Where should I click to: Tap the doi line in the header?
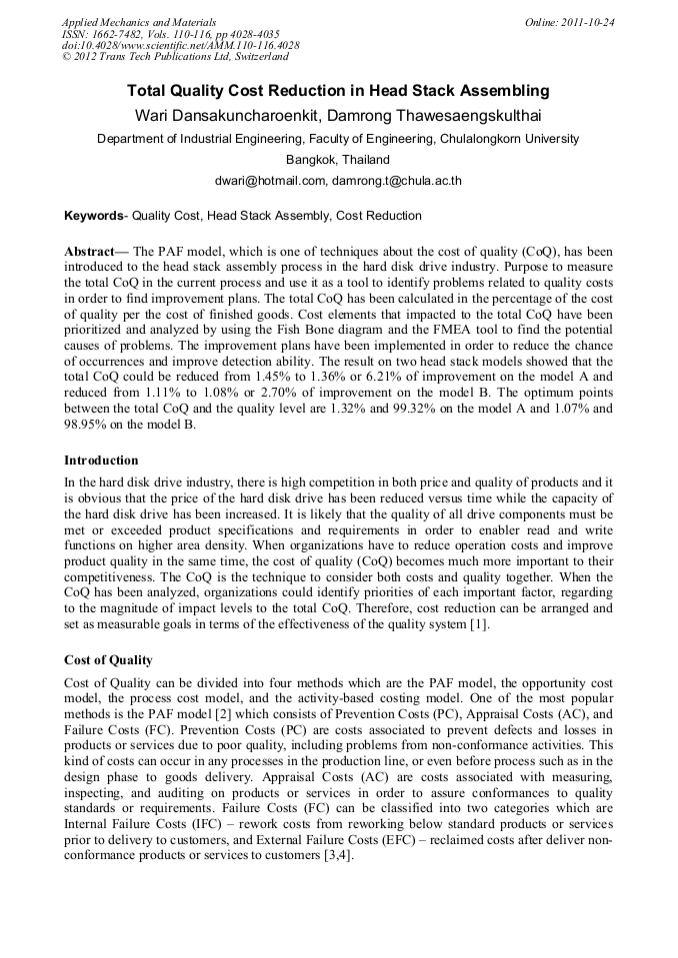(x=180, y=45)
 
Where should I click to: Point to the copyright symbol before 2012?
(x=66, y=57)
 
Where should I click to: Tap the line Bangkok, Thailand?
(x=338, y=160)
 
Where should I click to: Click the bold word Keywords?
(x=94, y=216)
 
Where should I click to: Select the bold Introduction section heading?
(x=101, y=461)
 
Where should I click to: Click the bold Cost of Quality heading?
(x=109, y=660)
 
